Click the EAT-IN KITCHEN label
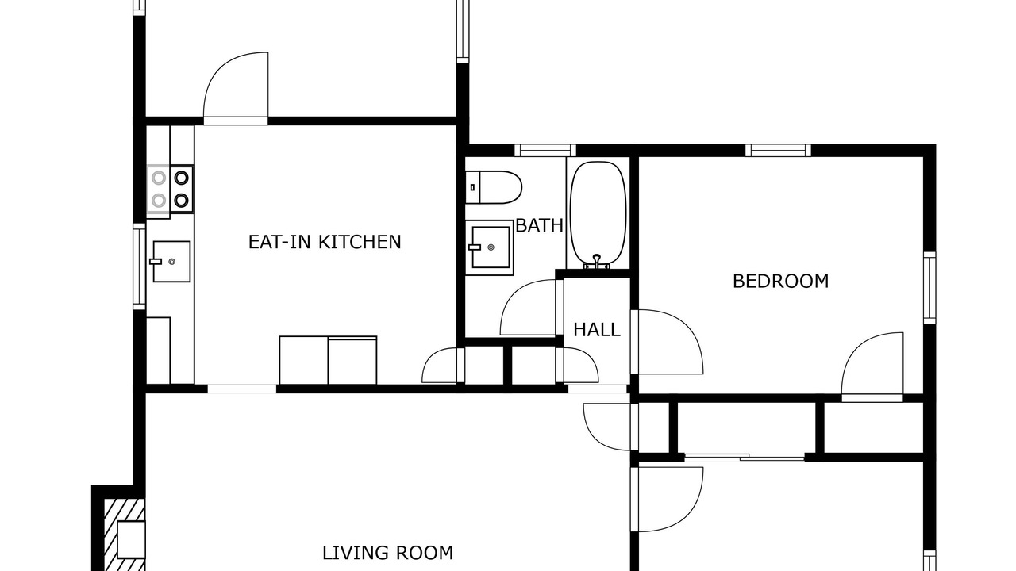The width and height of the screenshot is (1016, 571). click(325, 242)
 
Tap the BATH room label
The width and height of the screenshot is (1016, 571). click(539, 226)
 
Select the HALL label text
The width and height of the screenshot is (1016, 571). click(596, 330)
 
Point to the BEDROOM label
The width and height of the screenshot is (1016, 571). click(780, 282)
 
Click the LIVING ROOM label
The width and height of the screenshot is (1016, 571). click(388, 553)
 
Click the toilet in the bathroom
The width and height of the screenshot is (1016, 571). click(494, 187)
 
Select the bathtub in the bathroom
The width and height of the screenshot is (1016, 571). click(598, 215)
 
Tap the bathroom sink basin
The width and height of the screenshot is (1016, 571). click(490, 247)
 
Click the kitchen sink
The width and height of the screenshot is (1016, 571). click(171, 262)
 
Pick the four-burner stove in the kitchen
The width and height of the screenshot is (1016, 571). click(170, 189)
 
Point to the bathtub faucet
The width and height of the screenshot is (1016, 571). click(597, 261)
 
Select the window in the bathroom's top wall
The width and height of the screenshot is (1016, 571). click(545, 150)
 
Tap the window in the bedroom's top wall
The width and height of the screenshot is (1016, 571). click(779, 150)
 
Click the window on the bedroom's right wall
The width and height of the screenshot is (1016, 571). click(929, 288)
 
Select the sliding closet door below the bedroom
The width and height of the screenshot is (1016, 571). click(745, 458)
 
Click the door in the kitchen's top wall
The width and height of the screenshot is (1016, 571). click(236, 88)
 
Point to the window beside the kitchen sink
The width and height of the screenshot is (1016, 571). click(139, 266)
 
